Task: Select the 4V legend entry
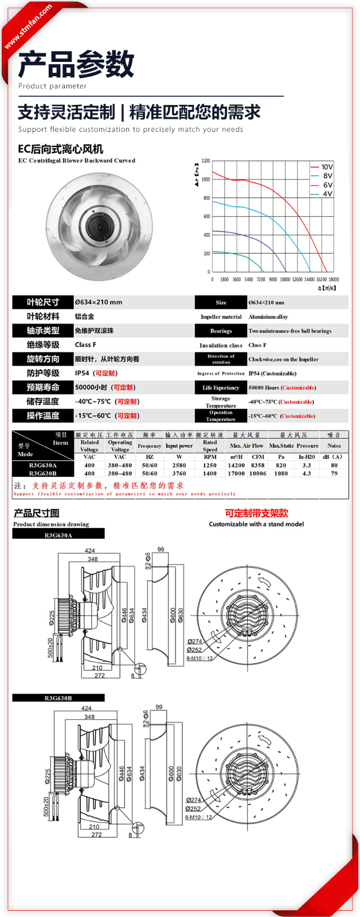coord(327,194)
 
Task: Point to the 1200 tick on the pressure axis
coord(206,161)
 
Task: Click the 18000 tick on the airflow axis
coord(334,280)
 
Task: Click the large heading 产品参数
coord(76,64)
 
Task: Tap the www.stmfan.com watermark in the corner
coord(28,27)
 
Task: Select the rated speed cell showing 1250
coord(210,465)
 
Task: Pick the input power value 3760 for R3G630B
coord(179,473)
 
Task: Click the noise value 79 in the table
coord(334,473)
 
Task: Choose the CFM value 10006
coord(258,473)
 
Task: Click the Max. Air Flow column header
coord(246,445)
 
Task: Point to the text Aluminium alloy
coord(268,316)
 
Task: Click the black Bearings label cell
coord(221,331)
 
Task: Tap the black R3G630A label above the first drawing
coord(58,535)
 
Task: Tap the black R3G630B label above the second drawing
coord(58,697)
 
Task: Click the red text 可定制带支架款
coord(256,513)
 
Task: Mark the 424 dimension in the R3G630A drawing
coord(89,551)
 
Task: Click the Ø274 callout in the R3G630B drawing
coord(194,800)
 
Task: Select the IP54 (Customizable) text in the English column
coord(272,373)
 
